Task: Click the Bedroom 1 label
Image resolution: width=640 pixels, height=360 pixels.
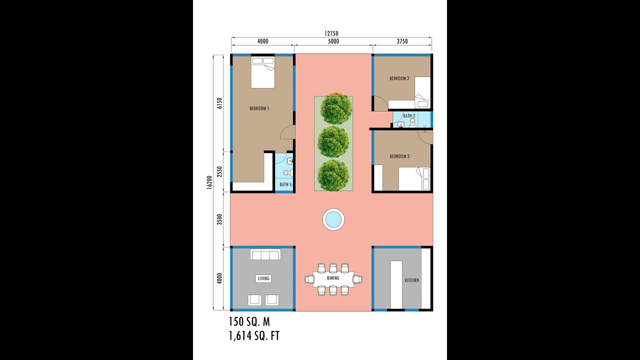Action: (x=259, y=108)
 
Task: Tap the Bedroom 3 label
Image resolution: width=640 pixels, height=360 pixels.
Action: (x=399, y=78)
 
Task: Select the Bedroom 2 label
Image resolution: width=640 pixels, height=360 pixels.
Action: (x=399, y=156)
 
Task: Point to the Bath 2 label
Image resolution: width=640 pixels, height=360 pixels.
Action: (x=409, y=116)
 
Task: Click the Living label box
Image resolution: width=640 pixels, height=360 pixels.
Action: (x=263, y=278)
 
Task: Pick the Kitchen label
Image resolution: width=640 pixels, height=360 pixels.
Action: (x=411, y=280)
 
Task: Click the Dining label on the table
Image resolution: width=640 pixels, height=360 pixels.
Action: (x=333, y=278)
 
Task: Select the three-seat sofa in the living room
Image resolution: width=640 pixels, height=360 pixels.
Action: (x=265, y=255)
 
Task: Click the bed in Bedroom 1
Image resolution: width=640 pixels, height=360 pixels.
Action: (x=263, y=72)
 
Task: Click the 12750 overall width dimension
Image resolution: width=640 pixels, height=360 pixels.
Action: (x=331, y=33)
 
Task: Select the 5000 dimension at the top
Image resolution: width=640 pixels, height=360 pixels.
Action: (x=333, y=41)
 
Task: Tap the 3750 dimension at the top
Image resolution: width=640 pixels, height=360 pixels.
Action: (x=401, y=41)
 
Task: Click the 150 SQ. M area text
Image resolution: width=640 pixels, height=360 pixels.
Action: (x=249, y=321)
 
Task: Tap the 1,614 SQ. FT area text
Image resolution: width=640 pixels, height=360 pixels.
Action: (x=254, y=335)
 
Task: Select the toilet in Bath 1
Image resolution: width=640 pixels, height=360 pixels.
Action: (x=287, y=173)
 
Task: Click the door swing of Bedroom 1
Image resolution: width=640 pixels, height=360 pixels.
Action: (x=287, y=132)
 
